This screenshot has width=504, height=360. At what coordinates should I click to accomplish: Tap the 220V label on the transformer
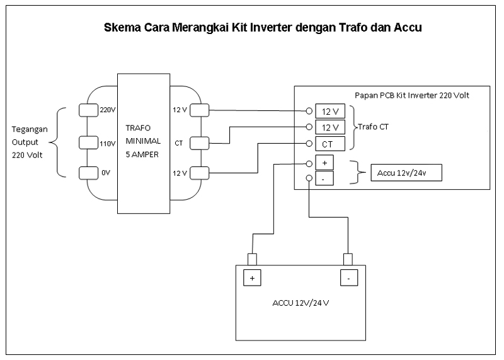coord(108,109)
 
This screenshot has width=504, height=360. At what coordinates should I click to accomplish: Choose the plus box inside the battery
coord(252,277)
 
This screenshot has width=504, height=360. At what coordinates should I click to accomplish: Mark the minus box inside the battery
coord(348,277)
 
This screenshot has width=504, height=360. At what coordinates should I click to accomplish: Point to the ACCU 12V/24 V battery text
coord(301,303)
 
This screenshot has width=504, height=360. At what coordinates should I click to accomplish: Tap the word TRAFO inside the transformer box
coord(138,127)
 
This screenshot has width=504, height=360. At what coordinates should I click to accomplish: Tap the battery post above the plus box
coord(252,259)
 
